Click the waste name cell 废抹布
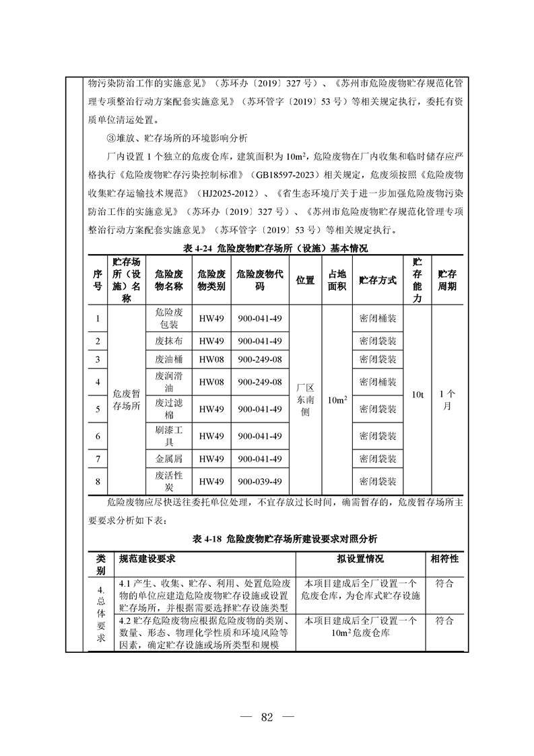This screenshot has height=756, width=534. pos(168,341)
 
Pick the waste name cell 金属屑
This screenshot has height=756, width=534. pos(168,459)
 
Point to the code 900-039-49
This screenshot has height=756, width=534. pos(259,481)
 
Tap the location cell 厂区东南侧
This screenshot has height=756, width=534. pos(305,400)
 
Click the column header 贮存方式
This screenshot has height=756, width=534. pos(378,280)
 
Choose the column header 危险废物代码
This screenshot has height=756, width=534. pos(259,280)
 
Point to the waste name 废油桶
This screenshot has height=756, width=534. pos(168,359)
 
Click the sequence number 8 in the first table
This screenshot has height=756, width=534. pos(98,481)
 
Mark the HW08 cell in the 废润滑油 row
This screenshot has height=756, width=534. pos(211,382)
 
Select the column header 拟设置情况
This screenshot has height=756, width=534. pos(360,559)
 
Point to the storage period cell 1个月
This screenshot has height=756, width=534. pos(446,400)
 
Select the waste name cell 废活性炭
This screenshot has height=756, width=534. pos(168,481)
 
